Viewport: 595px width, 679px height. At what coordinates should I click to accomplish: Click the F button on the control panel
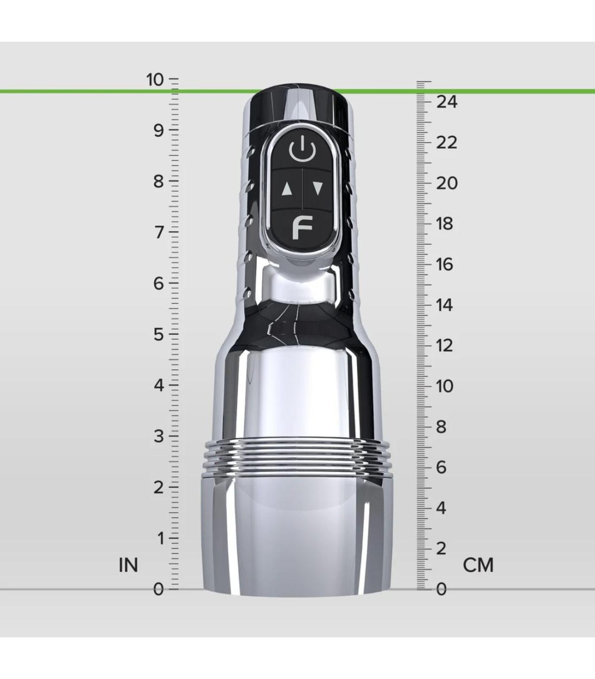302,228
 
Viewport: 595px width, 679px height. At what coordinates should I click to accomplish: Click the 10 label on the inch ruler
155,80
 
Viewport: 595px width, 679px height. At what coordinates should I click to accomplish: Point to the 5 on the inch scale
158,335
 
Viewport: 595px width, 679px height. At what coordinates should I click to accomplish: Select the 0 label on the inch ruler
158,589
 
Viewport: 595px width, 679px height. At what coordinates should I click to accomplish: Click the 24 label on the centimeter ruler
446,102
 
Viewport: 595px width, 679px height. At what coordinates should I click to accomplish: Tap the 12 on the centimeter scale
444,345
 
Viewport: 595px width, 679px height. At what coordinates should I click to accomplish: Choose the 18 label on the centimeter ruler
444,224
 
